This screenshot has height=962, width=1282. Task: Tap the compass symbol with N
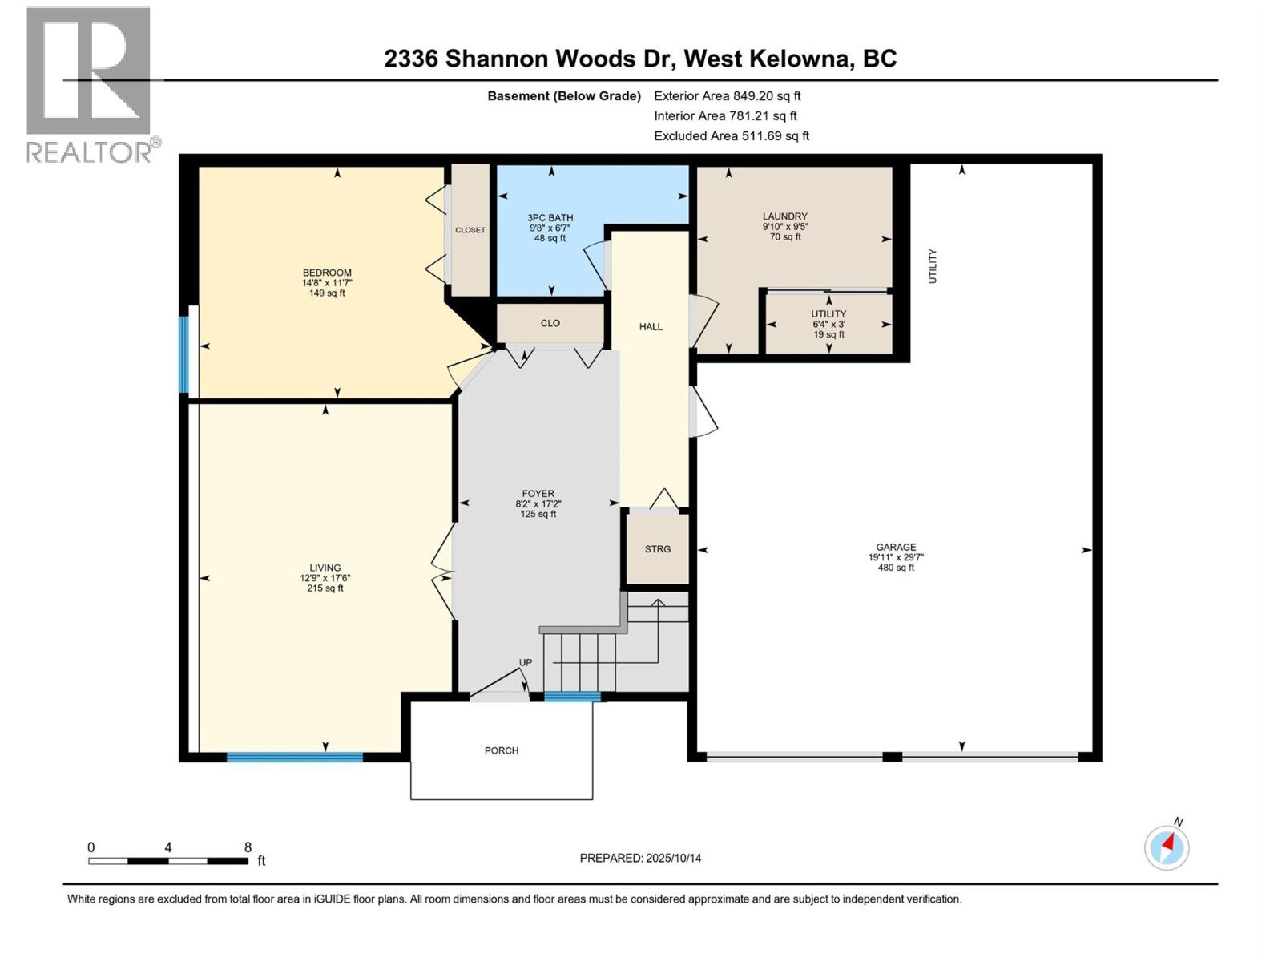[x=1167, y=847]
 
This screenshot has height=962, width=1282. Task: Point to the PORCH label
[x=502, y=750]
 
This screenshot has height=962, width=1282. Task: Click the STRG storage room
[x=657, y=549]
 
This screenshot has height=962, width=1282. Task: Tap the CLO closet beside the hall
[x=550, y=323]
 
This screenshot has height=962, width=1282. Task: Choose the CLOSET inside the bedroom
[x=470, y=230]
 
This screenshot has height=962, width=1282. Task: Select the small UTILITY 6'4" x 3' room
[x=828, y=324]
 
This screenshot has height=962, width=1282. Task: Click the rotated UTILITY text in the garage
[x=933, y=266]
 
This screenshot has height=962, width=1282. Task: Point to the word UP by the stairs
[x=526, y=662]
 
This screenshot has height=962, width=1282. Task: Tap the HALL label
[x=651, y=326]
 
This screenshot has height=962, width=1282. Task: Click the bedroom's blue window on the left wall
[x=183, y=354]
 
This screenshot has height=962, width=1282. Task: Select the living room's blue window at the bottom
[x=294, y=757]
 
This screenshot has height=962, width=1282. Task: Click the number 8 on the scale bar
[x=248, y=847]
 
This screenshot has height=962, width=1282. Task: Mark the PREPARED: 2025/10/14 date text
[x=640, y=858]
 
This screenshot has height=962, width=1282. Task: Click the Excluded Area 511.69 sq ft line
[x=731, y=135]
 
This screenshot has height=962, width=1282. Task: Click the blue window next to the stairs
[x=572, y=696]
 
